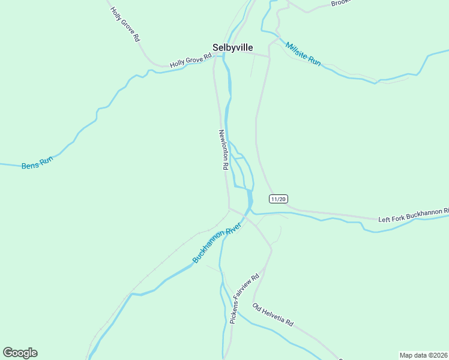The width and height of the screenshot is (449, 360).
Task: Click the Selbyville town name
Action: pyautogui.click(x=232, y=47)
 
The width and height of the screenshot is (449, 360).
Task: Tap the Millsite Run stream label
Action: pyautogui.click(x=303, y=54)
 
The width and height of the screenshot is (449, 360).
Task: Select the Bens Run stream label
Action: pyautogui.click(x=37, y=163)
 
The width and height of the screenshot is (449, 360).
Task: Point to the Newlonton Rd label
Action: pyautogui.click(x=223, y=150)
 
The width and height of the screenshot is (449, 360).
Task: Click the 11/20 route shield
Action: pyautogui.click(x=278, y=199)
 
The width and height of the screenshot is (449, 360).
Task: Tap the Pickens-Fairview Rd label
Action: pyautogui.click(x=244, y=298)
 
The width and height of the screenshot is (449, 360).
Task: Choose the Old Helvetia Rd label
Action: pyautogui.click(x=273, y=316)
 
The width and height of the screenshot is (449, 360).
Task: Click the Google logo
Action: pyautogui.click(x=20, y=353)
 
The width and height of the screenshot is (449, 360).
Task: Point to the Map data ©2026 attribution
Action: pyautogui.click(x=424, y=355)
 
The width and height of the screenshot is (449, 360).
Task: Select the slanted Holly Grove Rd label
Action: pyautogui.click(x=125, y=24)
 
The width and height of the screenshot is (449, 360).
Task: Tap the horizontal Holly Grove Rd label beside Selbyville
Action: pyautogui.click(x=191, y=60)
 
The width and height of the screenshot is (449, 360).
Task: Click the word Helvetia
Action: pyautogui.click(x=277, y=317)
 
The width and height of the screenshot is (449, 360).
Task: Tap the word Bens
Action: pyautogui.click(x=29, y=164)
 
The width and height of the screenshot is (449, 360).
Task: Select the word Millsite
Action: pyautogui.click(x=297, y=50)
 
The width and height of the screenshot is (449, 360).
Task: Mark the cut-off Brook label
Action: pyautogui.click(x=340, y=3)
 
